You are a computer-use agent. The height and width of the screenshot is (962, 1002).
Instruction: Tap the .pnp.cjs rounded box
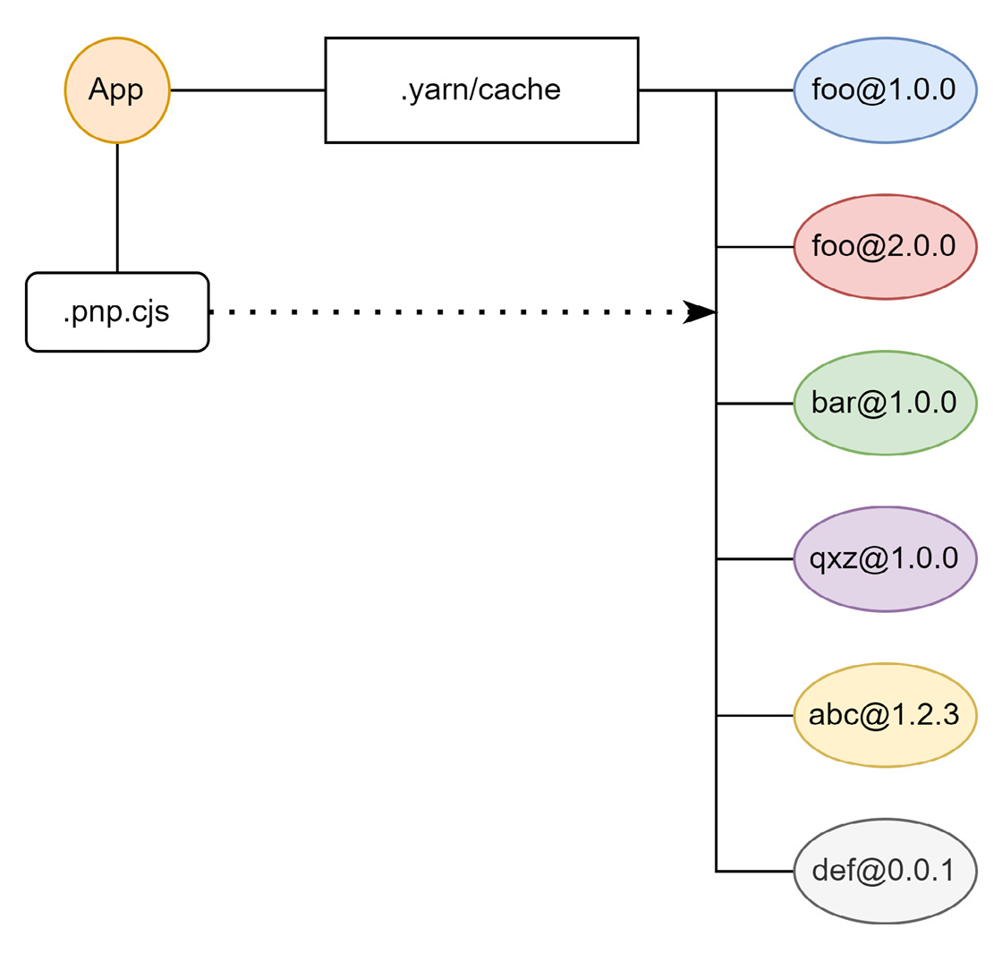click(117, 312)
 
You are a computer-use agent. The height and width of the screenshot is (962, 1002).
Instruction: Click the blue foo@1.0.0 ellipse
click(885, 90)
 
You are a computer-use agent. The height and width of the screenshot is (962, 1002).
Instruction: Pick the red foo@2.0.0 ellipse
click(885, 246)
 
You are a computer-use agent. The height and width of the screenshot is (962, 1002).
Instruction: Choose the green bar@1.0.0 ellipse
click(885, 403)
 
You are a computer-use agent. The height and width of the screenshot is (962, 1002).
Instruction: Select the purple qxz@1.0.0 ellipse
click(885, 559)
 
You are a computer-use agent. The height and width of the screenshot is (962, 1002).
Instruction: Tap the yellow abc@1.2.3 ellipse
click(885, 715)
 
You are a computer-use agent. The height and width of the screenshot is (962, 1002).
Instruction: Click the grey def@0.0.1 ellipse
click(885, 871)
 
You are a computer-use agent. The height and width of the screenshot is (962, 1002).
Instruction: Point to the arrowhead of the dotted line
click(700, 312)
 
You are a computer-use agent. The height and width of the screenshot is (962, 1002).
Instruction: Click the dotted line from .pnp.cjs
click(447, 312)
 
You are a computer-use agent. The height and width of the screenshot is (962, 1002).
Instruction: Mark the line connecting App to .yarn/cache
click(247, 90)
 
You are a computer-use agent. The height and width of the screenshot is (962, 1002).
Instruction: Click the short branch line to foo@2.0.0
click(755, 246)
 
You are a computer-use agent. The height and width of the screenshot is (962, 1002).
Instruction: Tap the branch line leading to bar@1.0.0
click(755, 403)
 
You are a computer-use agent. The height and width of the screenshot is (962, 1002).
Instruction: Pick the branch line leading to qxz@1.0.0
click(755, 559)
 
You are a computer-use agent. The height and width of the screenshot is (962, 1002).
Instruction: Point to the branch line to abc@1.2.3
click(755, 715)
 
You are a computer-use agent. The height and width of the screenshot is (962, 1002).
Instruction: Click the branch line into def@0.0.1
click(755, 871)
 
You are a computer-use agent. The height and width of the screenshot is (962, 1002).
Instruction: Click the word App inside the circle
click(116, 90)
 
